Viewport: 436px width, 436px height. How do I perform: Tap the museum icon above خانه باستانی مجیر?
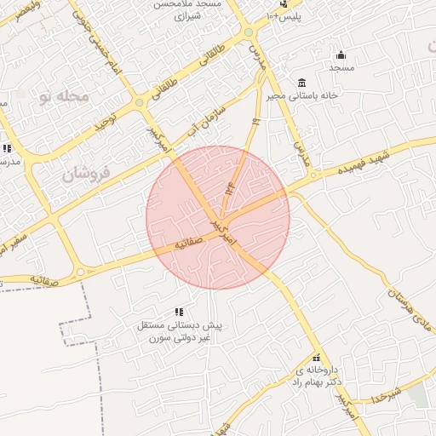301,83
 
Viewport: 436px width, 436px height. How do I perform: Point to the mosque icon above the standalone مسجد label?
341,55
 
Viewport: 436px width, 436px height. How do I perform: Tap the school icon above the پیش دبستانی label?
179,312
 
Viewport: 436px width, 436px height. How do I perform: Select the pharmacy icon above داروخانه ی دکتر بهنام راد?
317,358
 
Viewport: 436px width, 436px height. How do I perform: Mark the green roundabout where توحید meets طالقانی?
139,103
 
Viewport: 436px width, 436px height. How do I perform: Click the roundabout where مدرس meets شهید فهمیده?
317,175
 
